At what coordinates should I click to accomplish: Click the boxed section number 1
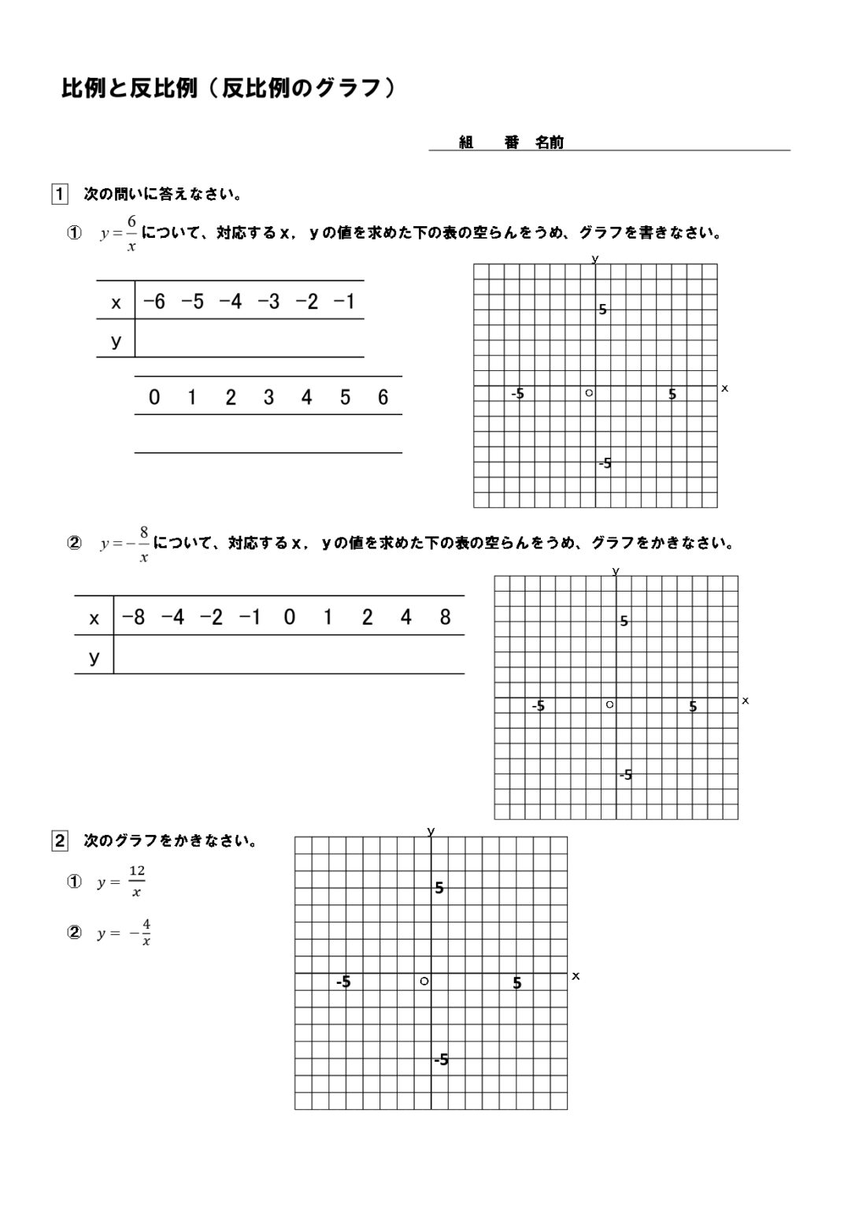click(59, 194)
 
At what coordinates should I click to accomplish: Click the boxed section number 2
click(59, 841)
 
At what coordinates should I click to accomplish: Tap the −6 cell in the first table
click(154, 301)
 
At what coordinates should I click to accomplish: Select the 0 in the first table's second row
click(154, 397)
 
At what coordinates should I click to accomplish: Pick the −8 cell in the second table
click(133, 617)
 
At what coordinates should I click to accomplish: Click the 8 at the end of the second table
click(445, 617)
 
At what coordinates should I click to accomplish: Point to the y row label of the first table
click(117, 340)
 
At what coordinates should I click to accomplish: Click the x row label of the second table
click(94, 618)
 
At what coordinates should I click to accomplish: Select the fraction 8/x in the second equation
click(144, 544)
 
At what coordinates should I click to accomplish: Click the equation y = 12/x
click(121, 882)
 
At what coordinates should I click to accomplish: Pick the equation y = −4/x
click(124, 933)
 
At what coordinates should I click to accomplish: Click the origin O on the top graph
click(589, 392)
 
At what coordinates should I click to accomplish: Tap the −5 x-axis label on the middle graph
click(539, 706)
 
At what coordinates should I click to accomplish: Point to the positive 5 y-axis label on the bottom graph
click(439, 888)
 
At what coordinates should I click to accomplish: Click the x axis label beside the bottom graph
click(576, 975)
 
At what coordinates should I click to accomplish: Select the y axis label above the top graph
click(595, 258)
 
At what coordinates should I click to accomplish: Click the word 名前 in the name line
click(550, 143)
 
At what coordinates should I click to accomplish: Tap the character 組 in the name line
click(466, 143)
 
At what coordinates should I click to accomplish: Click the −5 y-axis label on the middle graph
click(625, 774)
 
